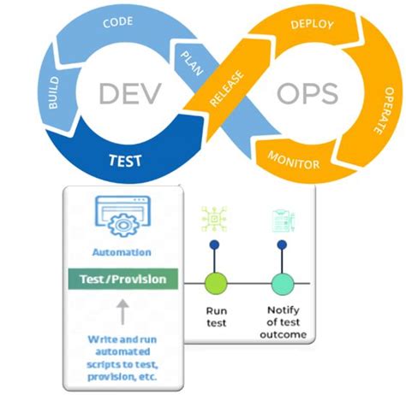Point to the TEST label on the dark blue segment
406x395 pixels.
pyautogui.click(x=125, y=159)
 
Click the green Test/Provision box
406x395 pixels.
pyautogui.click(x=122, y=280)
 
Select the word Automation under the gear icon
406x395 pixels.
pyautogui.click(x=122, y=252)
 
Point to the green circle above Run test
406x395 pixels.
pyautogui.click(x=215, y=282)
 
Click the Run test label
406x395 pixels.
pyautogui.click(x=215, y=316)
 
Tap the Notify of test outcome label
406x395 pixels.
pyautogui.click(x=283, y=322)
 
